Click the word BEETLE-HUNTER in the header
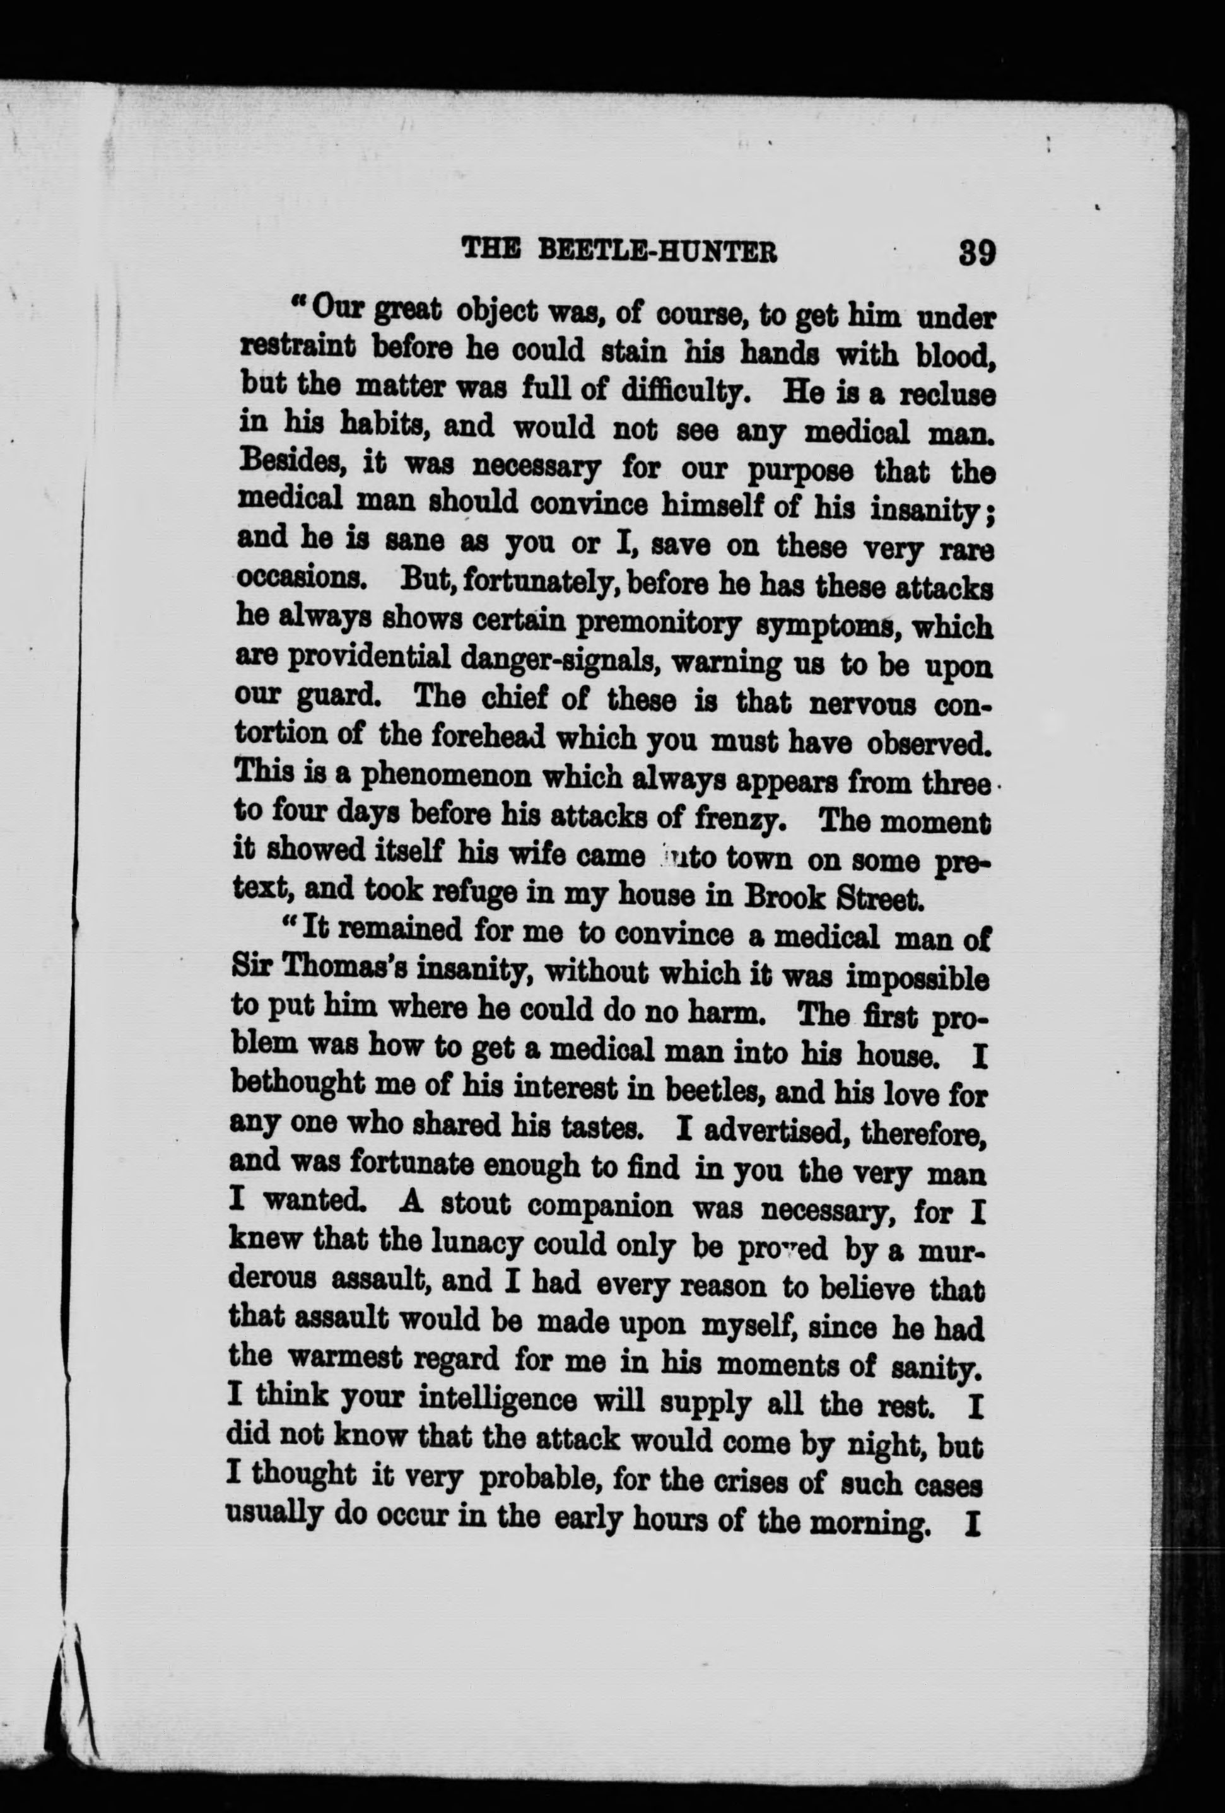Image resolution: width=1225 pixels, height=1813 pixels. coord(658,251)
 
